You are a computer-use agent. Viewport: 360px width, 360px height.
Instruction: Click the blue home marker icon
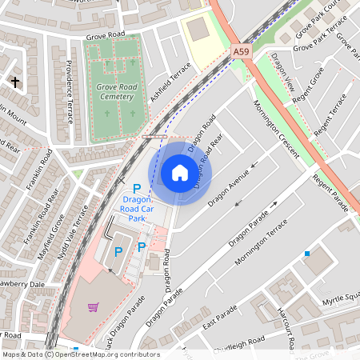pos(180,172)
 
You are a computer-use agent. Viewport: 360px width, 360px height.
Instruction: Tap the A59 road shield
pos(242,51)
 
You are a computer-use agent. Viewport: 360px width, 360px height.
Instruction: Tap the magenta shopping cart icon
pos(94,306)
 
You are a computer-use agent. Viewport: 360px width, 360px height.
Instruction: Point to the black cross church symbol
pos(14,82)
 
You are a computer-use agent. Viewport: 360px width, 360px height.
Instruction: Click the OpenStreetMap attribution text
pos(80,354)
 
